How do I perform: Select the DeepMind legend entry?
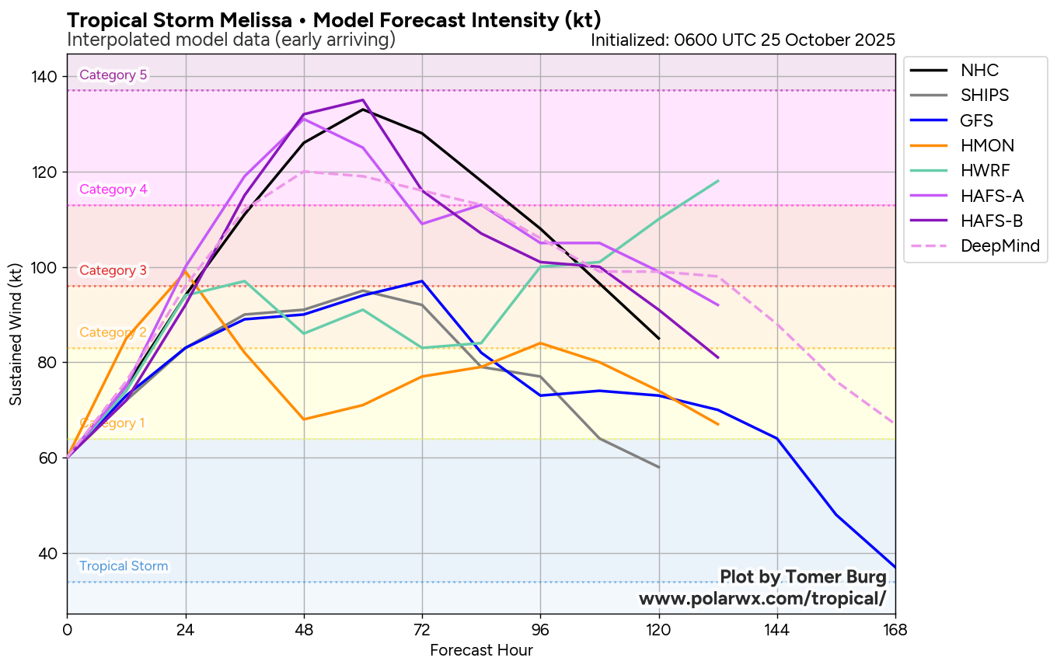tap(999, 246)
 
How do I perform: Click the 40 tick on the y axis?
tap(49, 553)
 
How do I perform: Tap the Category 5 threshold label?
tap(113, 75)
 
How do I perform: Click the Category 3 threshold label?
tap(113, 270)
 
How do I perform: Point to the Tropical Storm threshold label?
tap(124, 566)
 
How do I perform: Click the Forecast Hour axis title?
tap(481, 650)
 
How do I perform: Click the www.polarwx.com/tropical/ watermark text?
tap(762, 599)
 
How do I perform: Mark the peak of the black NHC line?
tap(363, 110)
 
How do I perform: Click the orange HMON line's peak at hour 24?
tap(186, 272)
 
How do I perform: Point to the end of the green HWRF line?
tap(718, 181)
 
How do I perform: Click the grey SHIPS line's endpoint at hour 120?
tap(659, 468)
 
